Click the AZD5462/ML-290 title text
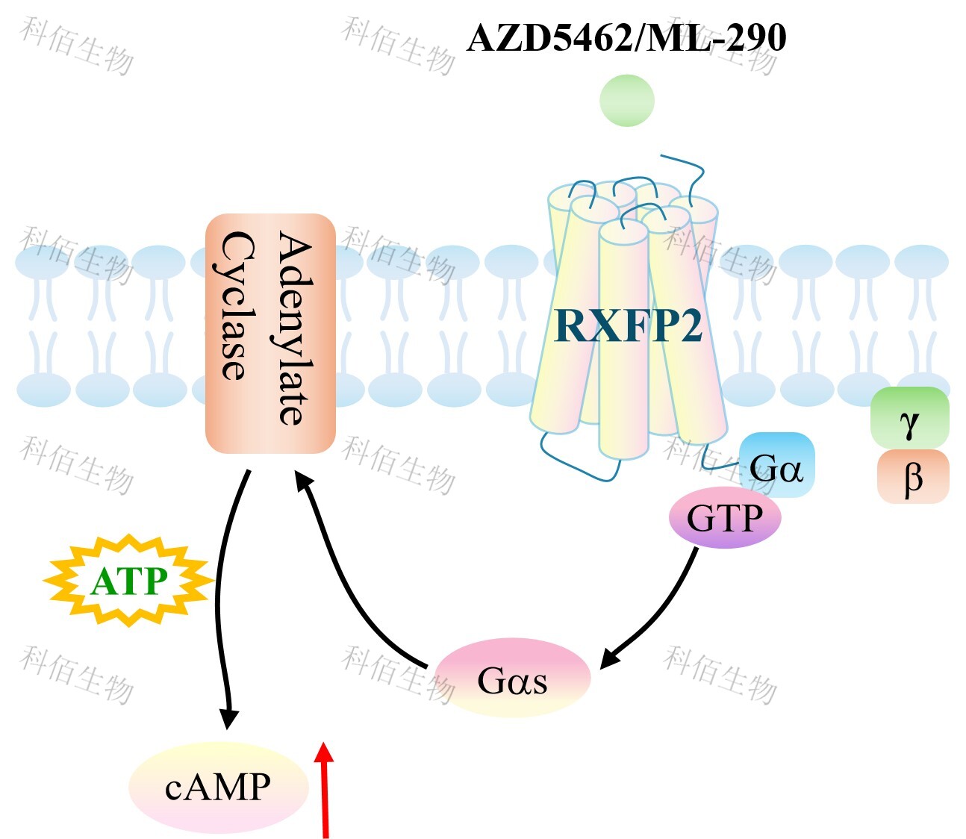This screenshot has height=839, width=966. tap(626, 37)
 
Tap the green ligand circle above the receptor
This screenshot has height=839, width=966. tap(627, 100)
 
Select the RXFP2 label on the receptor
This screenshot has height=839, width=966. tap(628, 325)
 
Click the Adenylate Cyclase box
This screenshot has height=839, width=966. tap(270, 334)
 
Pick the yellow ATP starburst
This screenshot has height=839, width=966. tap(128, 581)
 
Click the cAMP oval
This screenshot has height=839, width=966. tap(218, 787)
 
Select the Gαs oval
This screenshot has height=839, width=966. tap(512, 678)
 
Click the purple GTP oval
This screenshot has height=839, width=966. tap(724, 517)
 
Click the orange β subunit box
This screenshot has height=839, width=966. tap(912, 476)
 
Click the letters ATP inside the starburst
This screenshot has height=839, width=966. tap(128, 581)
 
